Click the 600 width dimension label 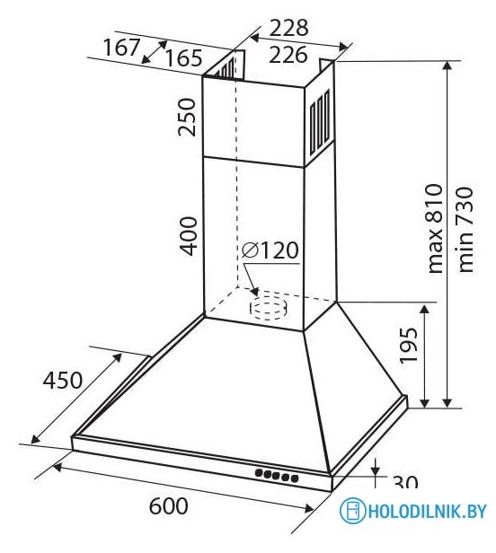[168, 506]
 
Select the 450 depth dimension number [63, 381]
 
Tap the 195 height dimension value [409, 346]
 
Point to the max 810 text [435, 228]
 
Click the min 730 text [465, 230]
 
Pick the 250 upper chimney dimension [187, 117]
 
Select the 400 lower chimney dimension [187, 236]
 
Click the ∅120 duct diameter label [270, 250]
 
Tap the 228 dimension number [288, 28]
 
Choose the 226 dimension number [288, 55]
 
